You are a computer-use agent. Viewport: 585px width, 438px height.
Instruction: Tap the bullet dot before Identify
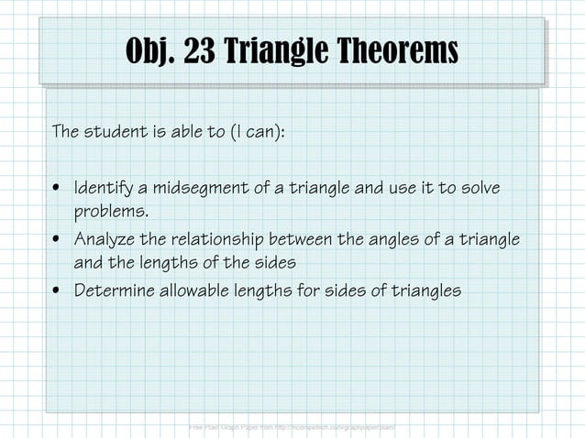click(x=58, y=190)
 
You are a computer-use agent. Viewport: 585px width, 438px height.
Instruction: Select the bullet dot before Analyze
click(x=58, y=241)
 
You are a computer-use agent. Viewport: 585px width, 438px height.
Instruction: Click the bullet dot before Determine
click(x=58, y=292)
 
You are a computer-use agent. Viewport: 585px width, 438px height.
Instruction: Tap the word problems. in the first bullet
click(x=110, y=213)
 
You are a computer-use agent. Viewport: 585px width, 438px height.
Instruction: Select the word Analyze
click(x=105, y=240)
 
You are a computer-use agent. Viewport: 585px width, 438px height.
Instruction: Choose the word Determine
click(x=114, y=291)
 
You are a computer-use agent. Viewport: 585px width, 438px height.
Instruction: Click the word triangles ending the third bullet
click(x=425, y=291)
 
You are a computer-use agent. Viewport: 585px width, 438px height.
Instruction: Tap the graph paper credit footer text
click(x=292, y=427)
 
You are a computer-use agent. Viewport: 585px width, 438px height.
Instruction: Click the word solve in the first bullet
click(x=483, y=189)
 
